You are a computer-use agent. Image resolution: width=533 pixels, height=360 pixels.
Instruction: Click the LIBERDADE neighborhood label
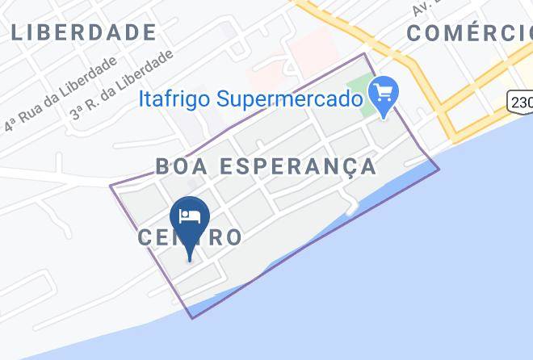(84, 33)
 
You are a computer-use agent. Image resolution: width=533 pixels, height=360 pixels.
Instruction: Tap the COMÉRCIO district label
(468, 33)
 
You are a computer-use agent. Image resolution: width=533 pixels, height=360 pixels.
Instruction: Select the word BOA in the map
(178, 166)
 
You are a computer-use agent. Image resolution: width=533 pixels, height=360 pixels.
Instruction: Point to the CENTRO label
(191, 237)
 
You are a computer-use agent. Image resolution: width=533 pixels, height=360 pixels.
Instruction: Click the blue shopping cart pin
(383, 95)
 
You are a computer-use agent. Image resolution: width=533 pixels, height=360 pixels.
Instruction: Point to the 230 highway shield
(521, 101)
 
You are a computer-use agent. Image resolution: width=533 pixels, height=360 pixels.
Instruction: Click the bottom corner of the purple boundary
(192, 317)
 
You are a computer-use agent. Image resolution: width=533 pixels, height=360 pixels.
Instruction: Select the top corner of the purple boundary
(366, 54)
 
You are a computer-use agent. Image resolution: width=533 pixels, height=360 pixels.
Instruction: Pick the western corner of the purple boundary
(111, 187)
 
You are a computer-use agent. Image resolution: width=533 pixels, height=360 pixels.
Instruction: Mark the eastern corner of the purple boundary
(439, 170)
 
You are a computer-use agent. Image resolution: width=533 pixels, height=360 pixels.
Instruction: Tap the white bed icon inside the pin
(191, 216)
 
